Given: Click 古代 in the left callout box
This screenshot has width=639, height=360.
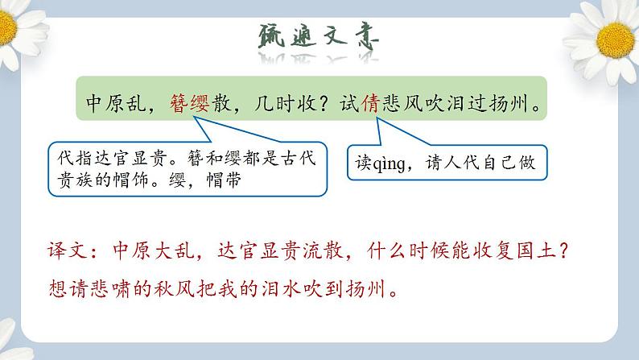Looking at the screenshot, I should point(299,159).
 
